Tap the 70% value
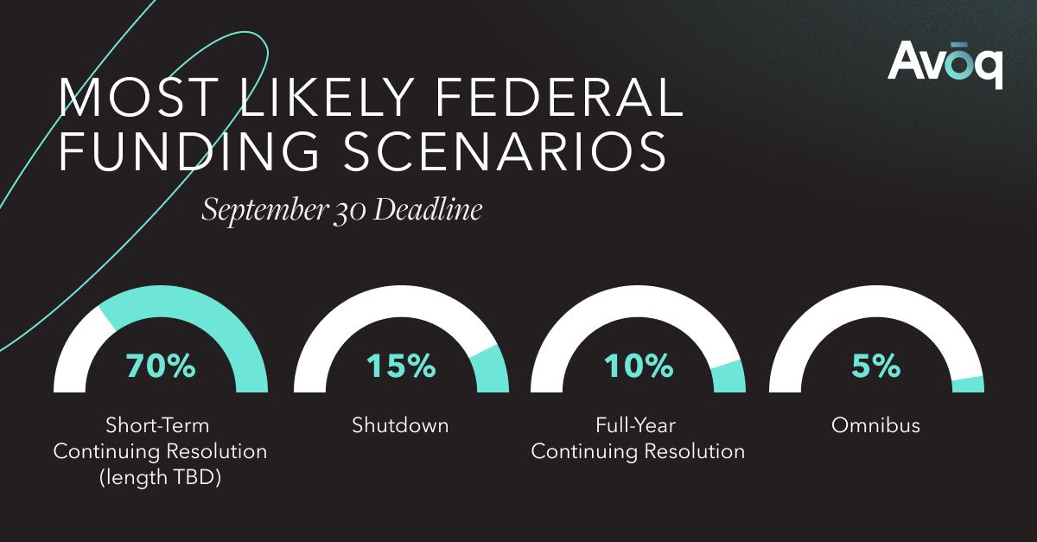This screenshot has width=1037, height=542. tap(161, 367)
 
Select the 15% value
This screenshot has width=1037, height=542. tap(400, 367)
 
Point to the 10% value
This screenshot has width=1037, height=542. tap(638, 367)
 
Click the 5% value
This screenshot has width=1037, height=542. tap(875, 367)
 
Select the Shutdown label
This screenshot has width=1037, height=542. tap(400, 425)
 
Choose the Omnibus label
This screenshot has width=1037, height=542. tap(875, 425)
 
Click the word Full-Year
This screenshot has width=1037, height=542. tap(638, 425)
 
